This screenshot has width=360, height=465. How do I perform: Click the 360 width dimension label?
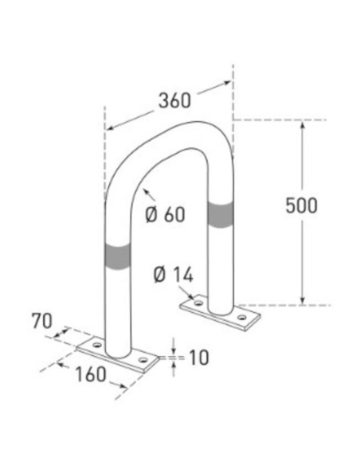click(x=175, y=101)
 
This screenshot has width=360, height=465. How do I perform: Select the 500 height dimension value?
click(x=302, y=205)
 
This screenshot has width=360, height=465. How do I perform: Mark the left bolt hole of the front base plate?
click(x=96, y=346)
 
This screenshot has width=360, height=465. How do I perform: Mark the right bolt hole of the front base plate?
click(x=143, y=361)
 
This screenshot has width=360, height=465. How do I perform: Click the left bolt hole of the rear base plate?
click(x=194, y=303)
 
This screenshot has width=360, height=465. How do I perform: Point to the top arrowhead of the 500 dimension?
click(x=302, y=124)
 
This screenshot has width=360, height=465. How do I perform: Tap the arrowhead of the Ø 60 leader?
click(x=143, y=190)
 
